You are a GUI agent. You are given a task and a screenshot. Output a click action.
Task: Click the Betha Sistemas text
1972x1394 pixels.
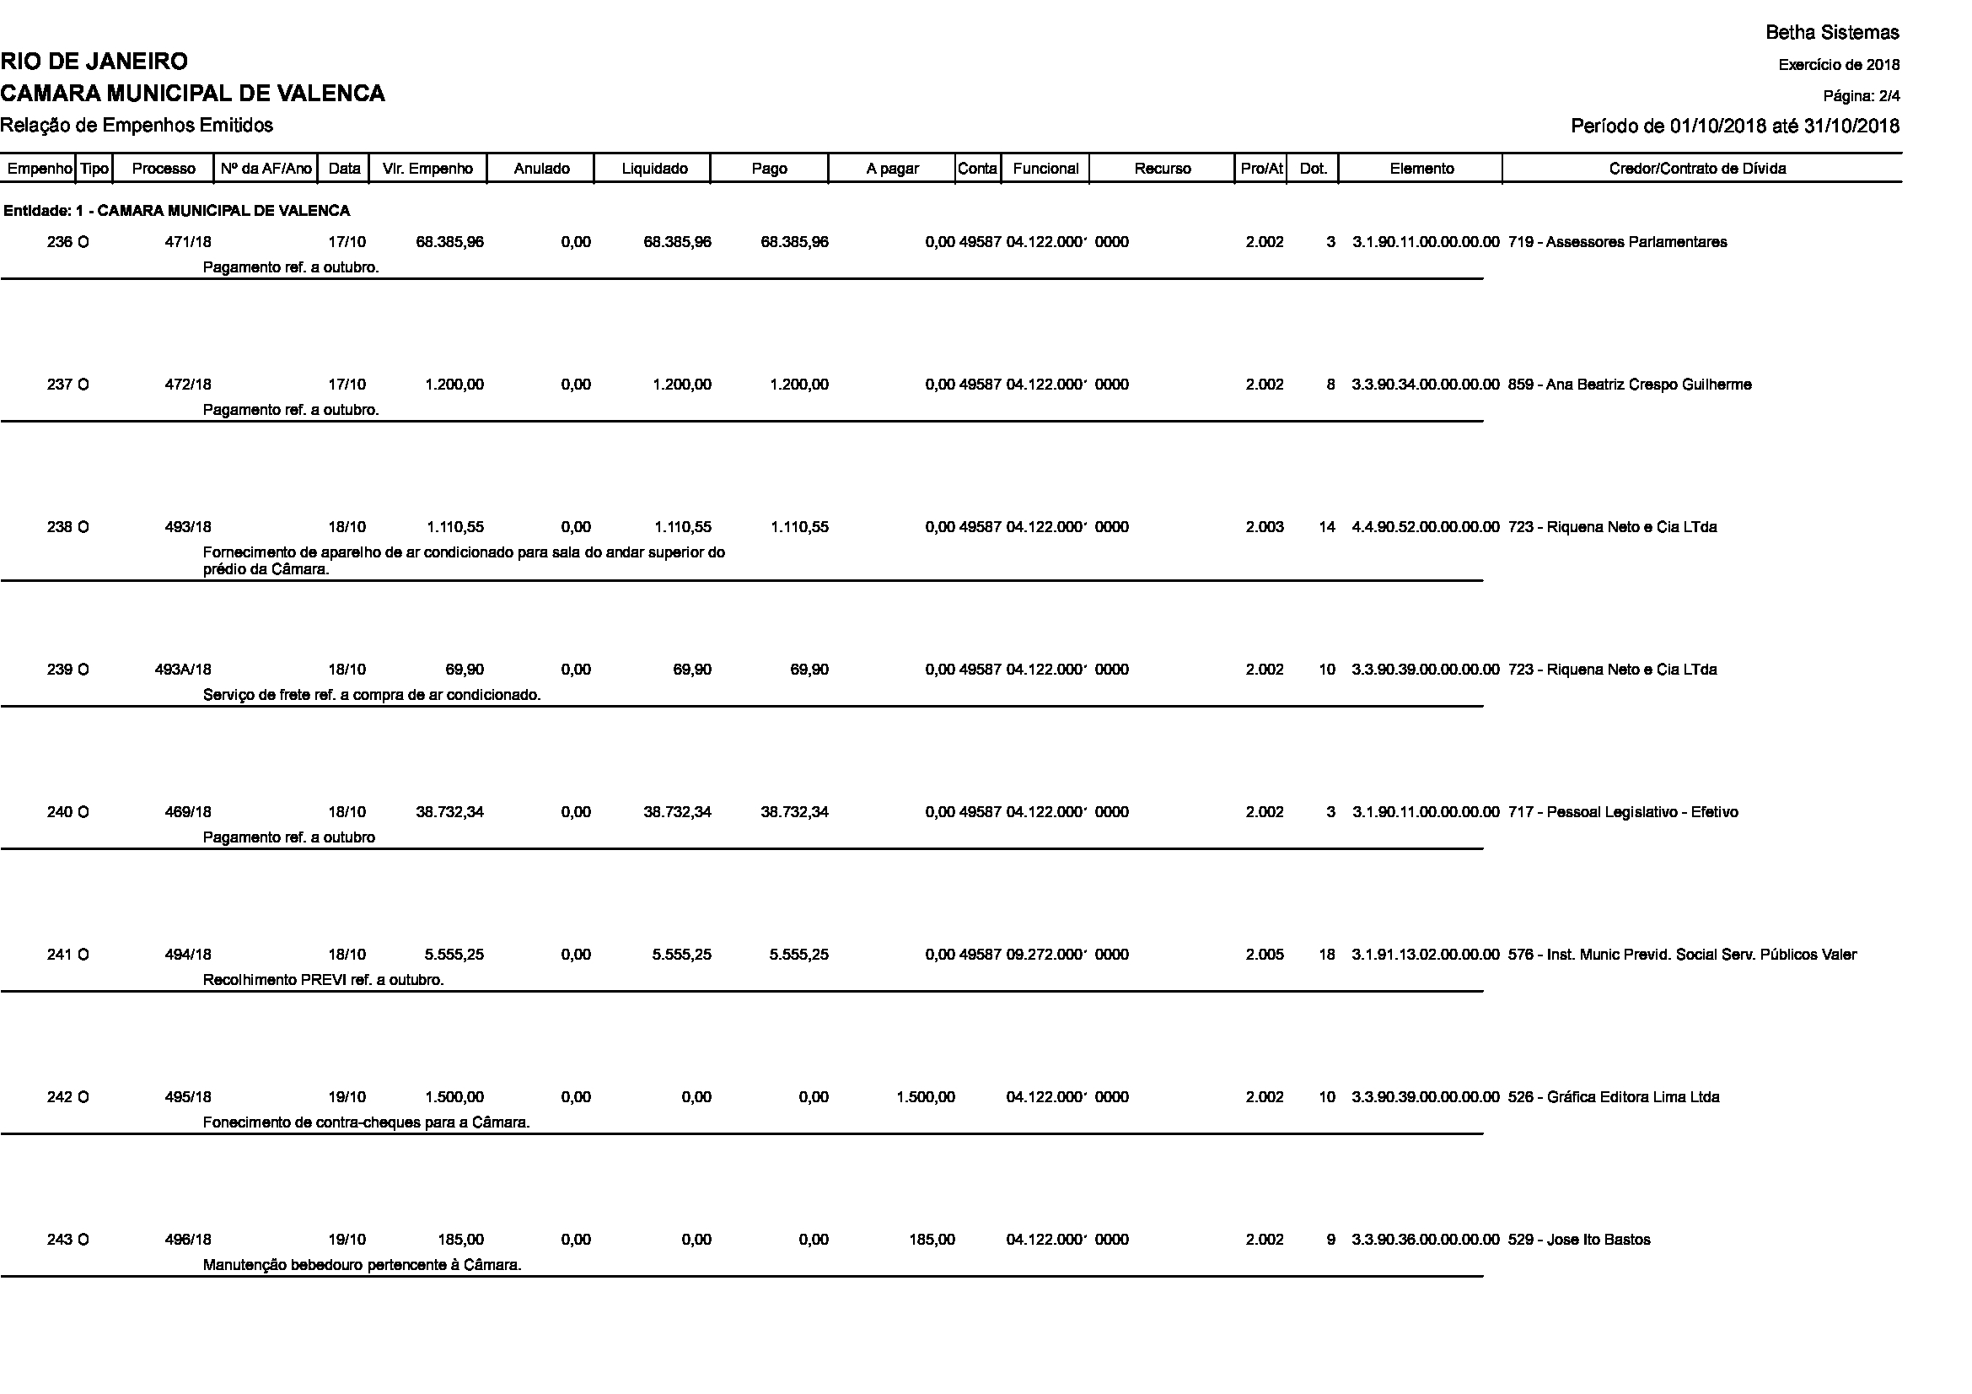(x=1832, y=33)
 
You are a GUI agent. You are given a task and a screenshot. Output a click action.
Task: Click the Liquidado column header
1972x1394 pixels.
(x=653, y=169)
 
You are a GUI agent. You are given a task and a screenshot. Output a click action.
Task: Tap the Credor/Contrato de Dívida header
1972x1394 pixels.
(x=1696, y=169)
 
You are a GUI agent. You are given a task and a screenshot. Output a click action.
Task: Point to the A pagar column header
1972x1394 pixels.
(x=891, y=169)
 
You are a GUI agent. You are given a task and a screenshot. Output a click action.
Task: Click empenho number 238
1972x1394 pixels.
(x=59, y=526)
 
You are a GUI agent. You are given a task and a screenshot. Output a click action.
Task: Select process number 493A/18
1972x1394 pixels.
(x=183, y=669)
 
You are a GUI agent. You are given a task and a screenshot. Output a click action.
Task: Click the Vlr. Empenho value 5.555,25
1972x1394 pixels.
(x=454, y=955)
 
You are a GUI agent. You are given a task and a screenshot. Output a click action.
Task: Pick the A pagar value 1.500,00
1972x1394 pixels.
(x=925, y=1097)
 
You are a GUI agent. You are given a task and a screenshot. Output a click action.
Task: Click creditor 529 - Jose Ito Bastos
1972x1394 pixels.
(x=1578, y=1240)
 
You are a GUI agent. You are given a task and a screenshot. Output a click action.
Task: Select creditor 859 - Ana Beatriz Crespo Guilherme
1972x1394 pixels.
(x=1630, y=384)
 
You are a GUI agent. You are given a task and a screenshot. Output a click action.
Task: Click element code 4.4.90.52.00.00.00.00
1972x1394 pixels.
(x=1425, y=526)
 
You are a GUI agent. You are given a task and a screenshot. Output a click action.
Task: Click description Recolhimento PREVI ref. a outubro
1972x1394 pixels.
(x=323, y=979)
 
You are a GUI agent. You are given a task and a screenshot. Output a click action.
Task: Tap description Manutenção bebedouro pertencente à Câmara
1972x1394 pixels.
(x=362, y=1264)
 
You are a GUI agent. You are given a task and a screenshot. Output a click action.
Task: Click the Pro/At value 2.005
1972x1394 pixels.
(x=1265, y=955)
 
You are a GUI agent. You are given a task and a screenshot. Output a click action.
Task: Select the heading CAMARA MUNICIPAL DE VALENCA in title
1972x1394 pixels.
(x=192, y=93)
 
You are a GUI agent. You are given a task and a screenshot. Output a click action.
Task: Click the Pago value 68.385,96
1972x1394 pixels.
(x=793, y=241)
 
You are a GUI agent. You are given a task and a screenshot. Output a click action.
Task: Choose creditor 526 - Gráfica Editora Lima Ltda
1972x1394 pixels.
(x=1613, y=1097)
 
